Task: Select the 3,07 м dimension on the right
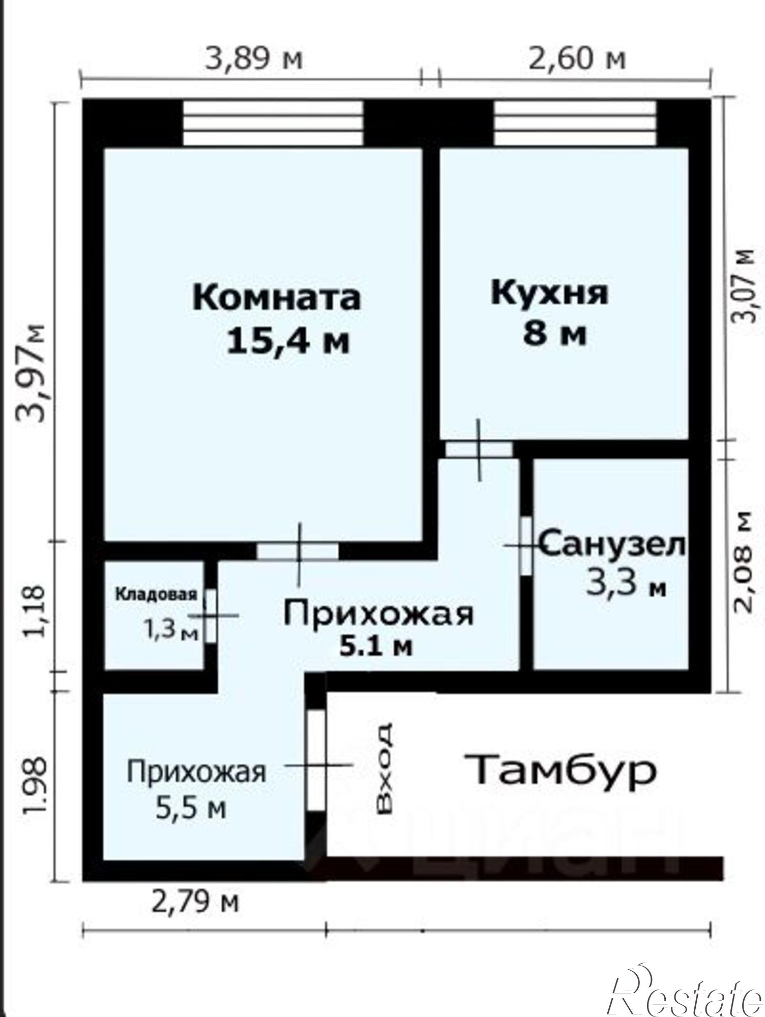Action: [x=746, y=284]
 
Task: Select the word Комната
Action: [x=276, y=297]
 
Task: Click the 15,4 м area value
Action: [x=288, y=341]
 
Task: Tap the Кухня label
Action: [x=549, y=294]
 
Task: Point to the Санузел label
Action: [x=612, y=545]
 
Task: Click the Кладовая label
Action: [x=156, y=594]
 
